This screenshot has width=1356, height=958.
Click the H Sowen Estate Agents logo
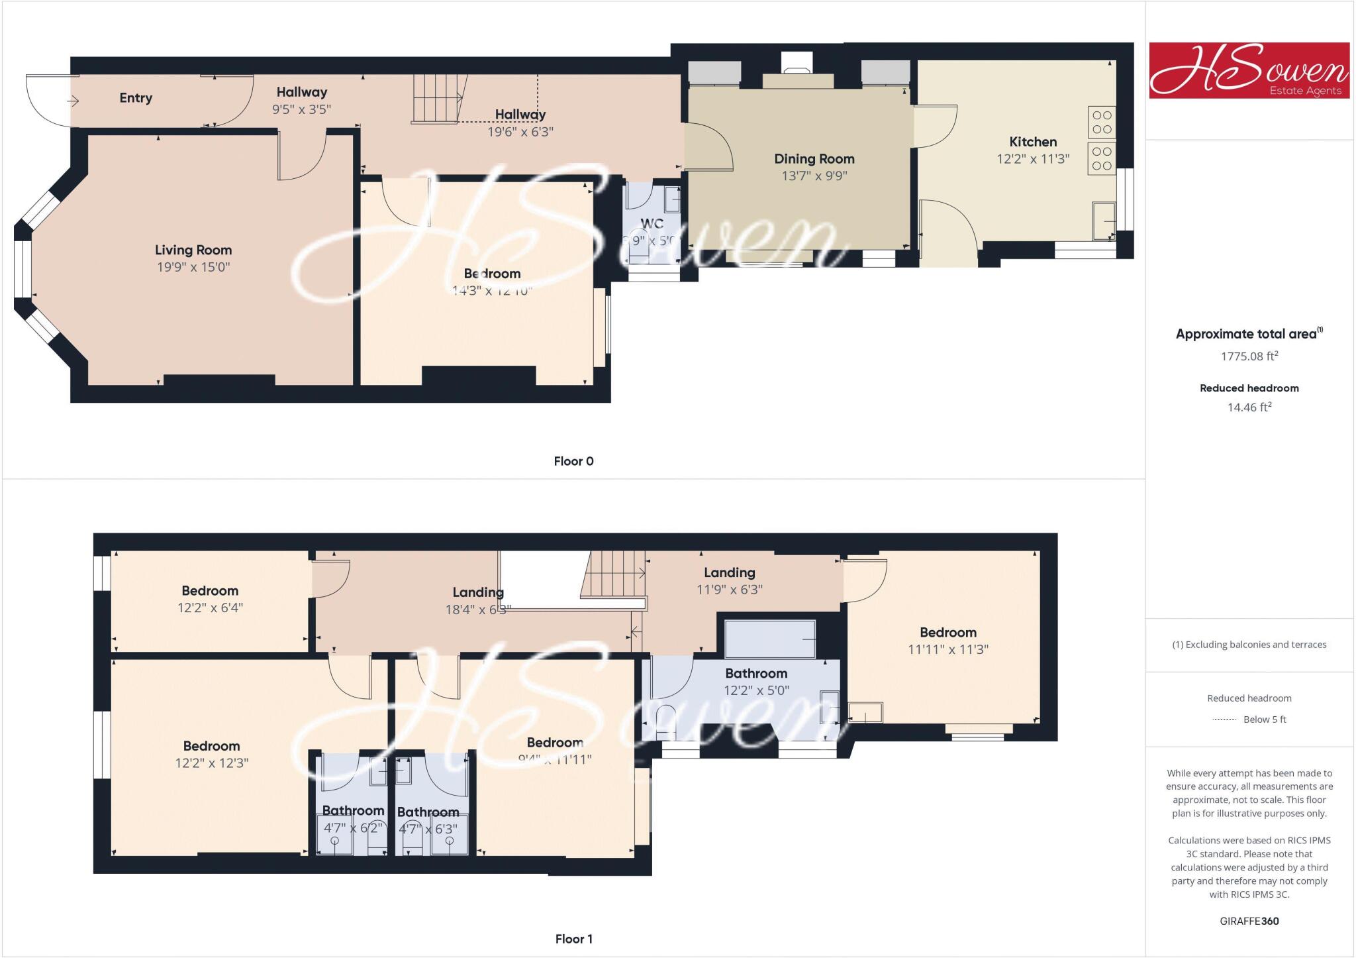1249,70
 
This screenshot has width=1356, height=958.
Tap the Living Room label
193,250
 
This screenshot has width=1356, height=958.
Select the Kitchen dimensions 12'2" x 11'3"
1033,159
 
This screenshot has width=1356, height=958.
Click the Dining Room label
814,159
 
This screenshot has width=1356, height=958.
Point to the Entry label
136,98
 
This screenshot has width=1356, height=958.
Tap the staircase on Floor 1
614,574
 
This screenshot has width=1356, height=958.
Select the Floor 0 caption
573,461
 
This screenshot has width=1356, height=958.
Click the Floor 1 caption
573,939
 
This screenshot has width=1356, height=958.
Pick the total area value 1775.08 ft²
1249,356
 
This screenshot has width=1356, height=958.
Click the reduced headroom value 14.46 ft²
1249,407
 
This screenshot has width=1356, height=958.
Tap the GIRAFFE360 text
1249,921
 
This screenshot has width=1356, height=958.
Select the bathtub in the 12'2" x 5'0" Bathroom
770,639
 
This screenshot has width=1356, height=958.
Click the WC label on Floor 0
652,224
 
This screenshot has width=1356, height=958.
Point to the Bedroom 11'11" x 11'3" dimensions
947,650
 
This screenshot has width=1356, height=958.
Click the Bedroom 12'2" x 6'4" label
210,591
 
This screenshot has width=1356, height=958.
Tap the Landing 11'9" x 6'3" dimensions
730,590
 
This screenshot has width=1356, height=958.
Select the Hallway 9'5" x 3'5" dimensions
301,109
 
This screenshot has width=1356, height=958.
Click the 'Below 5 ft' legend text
1265,719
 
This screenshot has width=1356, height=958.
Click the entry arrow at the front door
73,101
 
